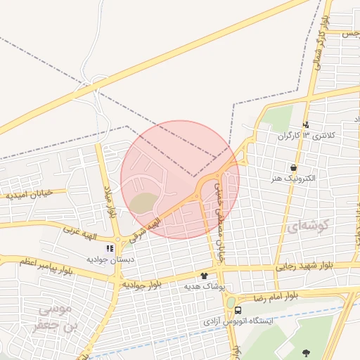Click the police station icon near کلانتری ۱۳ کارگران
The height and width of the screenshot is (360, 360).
305,124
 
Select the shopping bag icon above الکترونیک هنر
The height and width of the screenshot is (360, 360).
293,168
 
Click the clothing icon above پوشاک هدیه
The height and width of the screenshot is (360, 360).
205,276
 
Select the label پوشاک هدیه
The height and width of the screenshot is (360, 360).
205,286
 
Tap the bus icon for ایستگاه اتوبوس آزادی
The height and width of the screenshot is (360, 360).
238,310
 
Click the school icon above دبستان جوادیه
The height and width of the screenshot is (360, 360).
109,248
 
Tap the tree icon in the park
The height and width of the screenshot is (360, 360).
305,352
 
